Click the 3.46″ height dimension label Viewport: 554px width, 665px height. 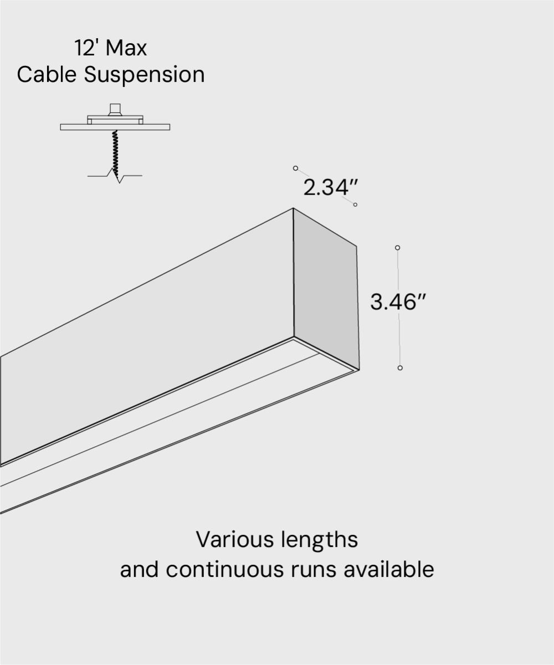397,303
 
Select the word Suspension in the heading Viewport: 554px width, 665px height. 144,75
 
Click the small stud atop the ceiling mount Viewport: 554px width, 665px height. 115,108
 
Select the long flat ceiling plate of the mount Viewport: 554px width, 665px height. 115,127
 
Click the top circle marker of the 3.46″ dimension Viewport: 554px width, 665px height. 397,248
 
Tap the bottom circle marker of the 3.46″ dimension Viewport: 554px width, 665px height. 400,368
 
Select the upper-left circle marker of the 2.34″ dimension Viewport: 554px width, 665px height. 295,168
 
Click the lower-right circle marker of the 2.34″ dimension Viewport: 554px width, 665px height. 355,205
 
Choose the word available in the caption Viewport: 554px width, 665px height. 388,569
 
